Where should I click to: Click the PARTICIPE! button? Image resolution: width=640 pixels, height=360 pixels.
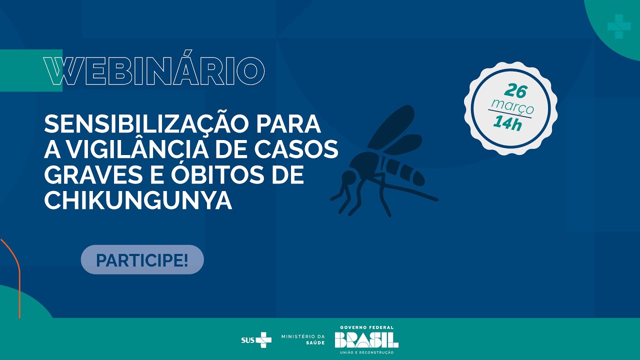tap(142, 259)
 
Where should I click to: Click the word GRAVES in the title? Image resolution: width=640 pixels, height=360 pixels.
tap(93, 174)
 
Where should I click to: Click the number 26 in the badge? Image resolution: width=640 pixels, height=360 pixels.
tap(515, 91)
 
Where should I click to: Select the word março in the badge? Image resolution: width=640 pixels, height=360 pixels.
tap(512, 106)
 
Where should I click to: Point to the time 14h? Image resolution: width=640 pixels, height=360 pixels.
tap(507, 123)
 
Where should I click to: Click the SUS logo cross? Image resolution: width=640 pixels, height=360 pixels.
tap(263, 340)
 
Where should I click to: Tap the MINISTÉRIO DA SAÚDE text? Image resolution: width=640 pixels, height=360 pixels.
tap(303, 339)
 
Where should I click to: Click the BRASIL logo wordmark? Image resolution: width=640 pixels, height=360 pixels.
tap(366, 340)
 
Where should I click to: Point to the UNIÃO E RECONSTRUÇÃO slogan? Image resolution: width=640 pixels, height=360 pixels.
tap(366, 352)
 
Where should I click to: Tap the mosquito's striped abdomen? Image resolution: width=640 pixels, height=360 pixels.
tap(405, 171)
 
